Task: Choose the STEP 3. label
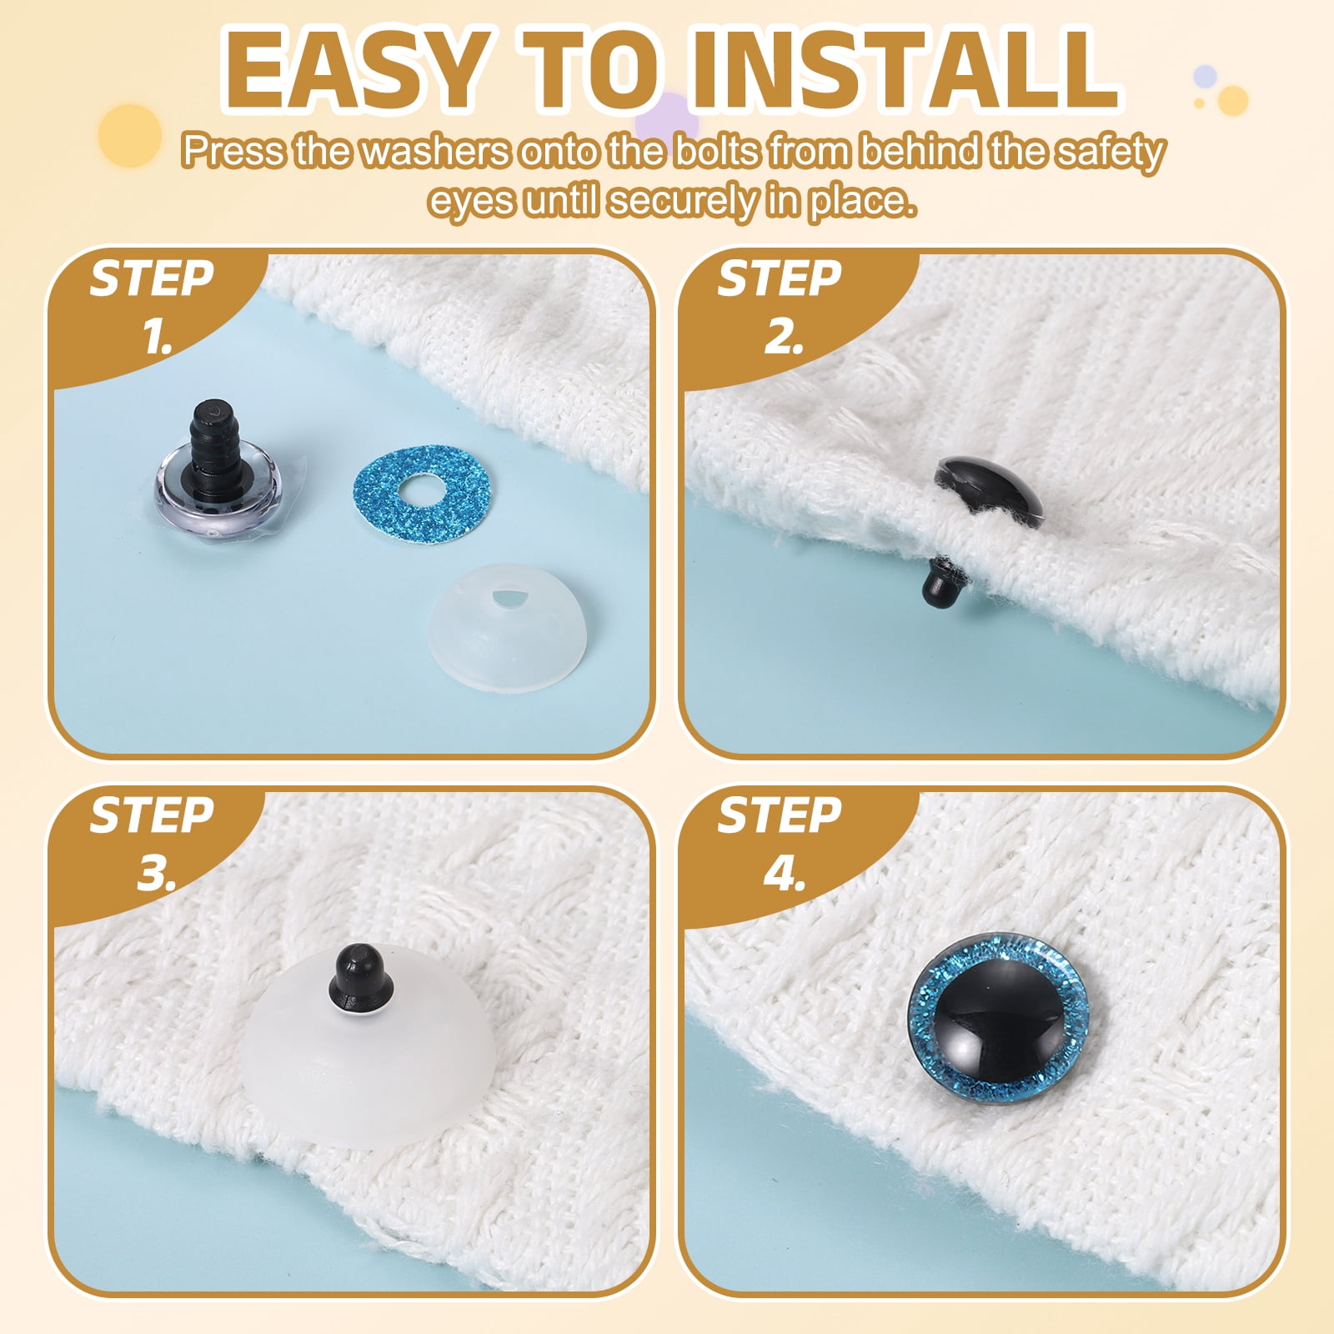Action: pos(152,844)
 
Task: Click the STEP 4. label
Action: pos(780,844)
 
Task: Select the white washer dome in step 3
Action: pos(367,1059)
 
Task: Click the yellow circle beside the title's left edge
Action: pos(129,135)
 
